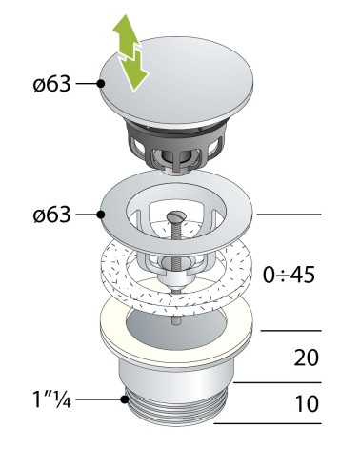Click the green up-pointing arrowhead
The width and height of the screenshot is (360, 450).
(126, 27)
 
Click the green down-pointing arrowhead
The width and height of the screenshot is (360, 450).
(135, 75)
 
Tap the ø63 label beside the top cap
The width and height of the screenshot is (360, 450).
(51, 84)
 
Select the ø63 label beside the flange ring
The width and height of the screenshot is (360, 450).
(51, 215)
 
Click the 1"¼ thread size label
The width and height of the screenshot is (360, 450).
(51, 399)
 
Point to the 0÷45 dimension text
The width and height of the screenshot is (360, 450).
(289, 275)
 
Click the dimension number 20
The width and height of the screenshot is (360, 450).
(306, 358)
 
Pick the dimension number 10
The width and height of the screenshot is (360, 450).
(307, 403)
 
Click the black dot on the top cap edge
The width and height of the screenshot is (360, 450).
(101, 84)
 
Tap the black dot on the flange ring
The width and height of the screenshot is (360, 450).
(101, 215)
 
